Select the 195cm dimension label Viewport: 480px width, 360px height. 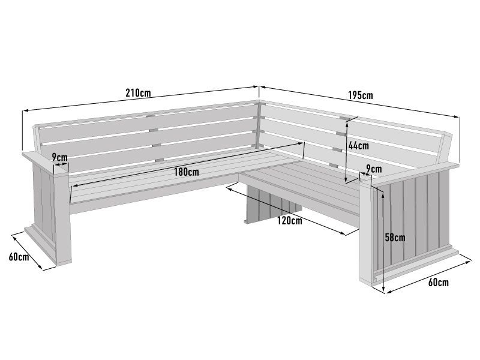coord(360,95)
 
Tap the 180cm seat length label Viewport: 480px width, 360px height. coord(186,172)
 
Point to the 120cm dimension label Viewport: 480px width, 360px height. coord(289,220)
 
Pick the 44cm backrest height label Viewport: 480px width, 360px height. coord(358,145)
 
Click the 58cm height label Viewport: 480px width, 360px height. coord(395,237)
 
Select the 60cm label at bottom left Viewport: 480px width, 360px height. coord(19,257)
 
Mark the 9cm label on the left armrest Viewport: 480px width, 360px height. coord(59,157)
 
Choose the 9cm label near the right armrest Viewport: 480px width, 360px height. coord(373,169)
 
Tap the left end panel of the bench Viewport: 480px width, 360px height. coord(50,210)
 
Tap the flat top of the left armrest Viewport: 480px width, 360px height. coord(42,158)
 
